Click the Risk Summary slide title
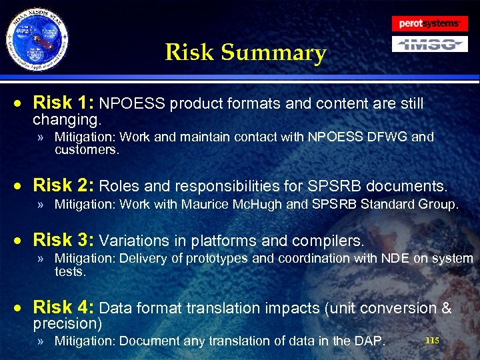245,52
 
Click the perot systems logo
429,23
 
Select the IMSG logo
429,44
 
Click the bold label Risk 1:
65,103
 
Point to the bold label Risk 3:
65,239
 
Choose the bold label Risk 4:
65,307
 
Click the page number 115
432,341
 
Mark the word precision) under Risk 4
67,324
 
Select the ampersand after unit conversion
445,308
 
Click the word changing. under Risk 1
67,121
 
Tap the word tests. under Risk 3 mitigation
70,271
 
